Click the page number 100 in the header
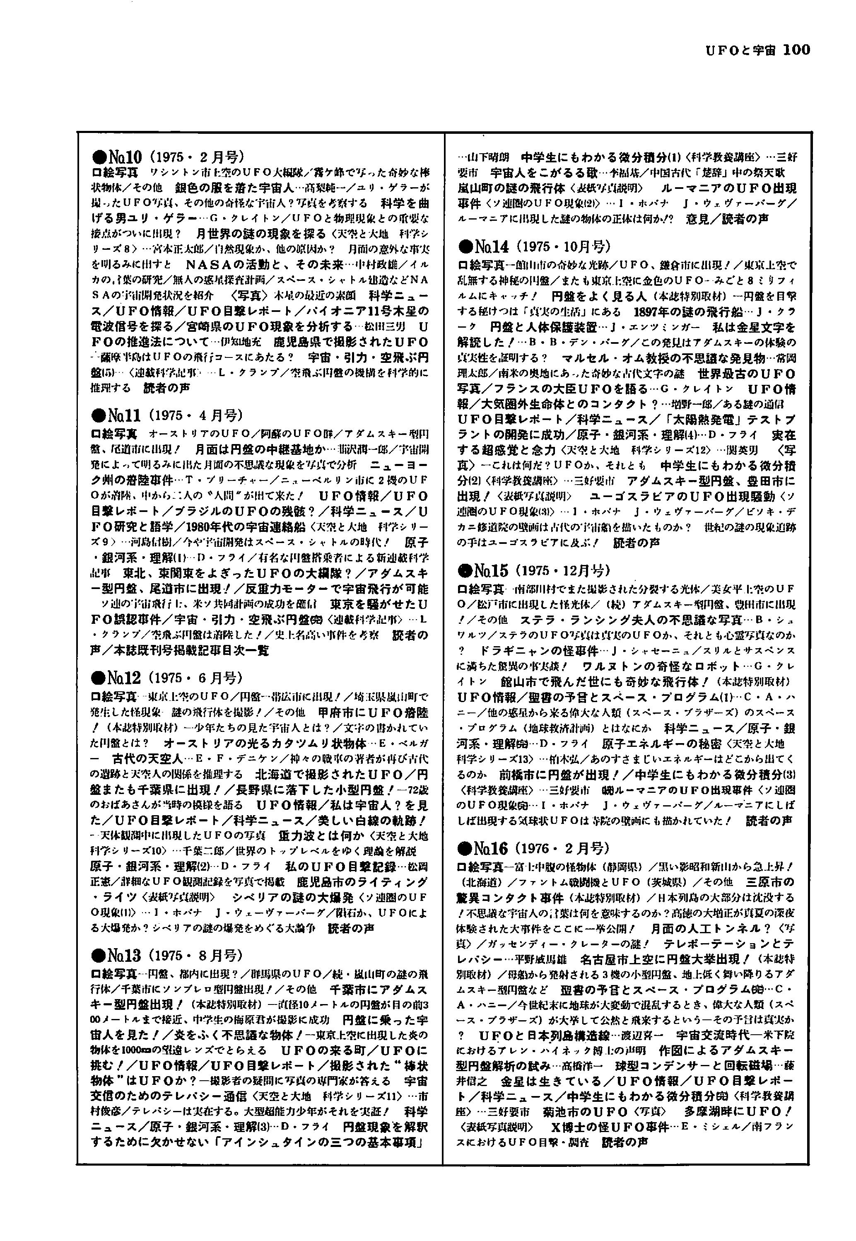pyautogui.click(x=796, y=50)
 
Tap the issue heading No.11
pyautogui.click(x=124, y=415)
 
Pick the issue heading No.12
pyautogui.click(x=124, y=678)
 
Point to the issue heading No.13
pyautogui.click(x=124, y=955)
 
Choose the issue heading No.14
pyautogui.click(x=491, y=246)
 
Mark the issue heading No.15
pyautogui.click(x=491, y=570)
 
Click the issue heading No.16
pyautogui.click(x=491, y=848)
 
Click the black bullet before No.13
pyautogui.click(x=99, y=956)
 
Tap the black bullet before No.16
pyautogui.click(x=465, y=848)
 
